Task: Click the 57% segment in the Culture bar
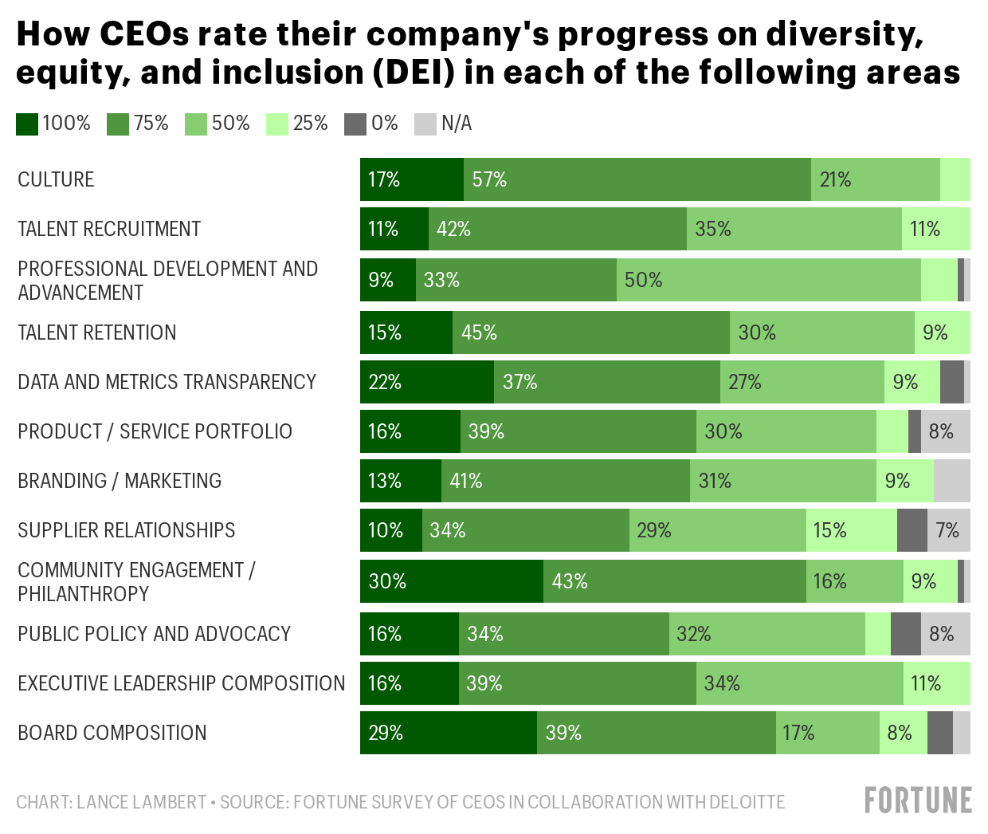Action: pos(637,179)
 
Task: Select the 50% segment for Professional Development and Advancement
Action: pos(768,280)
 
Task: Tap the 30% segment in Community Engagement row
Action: pos(452,581)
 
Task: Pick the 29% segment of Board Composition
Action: pos(449,733)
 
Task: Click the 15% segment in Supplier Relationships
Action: pos(852,530)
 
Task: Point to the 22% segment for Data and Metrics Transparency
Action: pos(427,382)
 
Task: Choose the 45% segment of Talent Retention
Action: pos(590,332)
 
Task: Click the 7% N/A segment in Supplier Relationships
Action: pos(949,530)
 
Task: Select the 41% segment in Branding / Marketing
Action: pos(566,481)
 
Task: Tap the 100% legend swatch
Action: pos(27,124)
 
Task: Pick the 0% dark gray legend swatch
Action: pos(355,124)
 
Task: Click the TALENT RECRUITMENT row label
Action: pos(109,229)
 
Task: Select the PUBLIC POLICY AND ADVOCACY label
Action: pos(155,634)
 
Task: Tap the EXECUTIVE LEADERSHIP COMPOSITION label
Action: pos(182,683)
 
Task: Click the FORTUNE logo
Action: pos(918,800)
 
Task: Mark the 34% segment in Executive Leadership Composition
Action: pos(800,683)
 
